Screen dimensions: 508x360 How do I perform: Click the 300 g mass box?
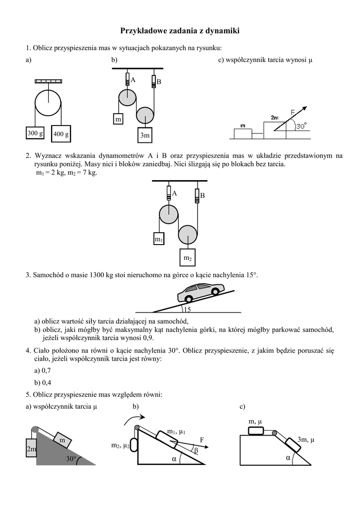[x=35, y=133]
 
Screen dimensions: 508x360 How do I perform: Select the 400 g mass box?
[x=61, y=133]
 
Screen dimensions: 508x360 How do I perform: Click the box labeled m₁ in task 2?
[x=159, y=239]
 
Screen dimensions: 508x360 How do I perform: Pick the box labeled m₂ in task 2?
[x=187, y=258]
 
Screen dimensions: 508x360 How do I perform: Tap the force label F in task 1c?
[x=293, y=112]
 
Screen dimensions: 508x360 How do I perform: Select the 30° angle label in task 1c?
[x=301, y=127]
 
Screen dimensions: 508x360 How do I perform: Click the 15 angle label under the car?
[x=187, y=310]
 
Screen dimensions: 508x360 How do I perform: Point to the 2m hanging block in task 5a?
[x=31, y=449]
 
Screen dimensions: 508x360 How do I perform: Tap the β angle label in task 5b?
[x=196, y=450]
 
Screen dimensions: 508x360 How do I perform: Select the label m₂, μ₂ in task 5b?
[x=120, y=446]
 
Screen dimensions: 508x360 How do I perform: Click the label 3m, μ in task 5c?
[x=306, y=440]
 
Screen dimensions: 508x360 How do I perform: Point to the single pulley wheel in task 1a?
[x=48, y=104]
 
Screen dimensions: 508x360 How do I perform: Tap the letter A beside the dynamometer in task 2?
[x=175, y=193]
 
